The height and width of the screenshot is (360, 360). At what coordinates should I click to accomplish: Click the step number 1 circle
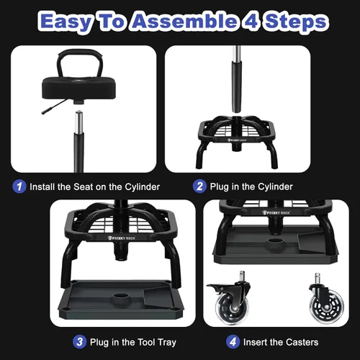click(20, 186)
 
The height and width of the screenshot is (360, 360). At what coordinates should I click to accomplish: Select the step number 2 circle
click(200, 186)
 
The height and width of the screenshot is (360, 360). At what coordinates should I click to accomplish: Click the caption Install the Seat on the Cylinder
click(94, 186)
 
